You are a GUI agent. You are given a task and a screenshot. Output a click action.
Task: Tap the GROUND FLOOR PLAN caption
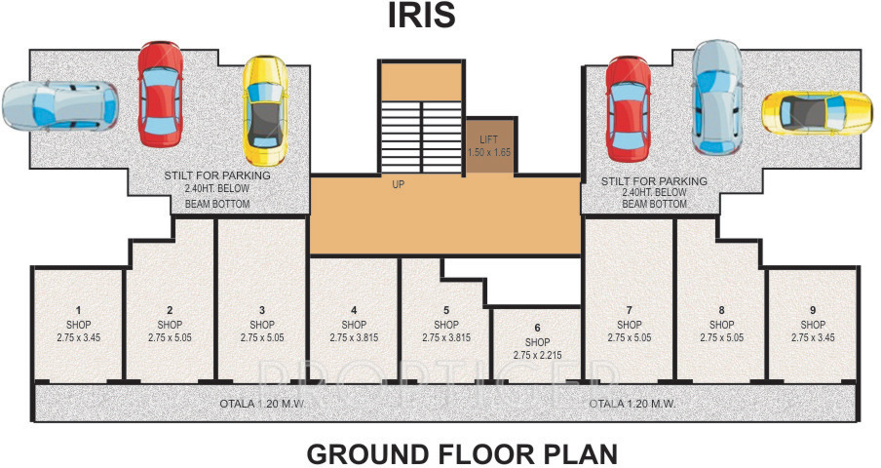(462, 453)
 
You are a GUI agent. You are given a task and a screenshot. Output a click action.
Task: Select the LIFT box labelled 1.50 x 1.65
(488, 147)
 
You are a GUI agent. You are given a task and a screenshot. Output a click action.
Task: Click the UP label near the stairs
(398, 183)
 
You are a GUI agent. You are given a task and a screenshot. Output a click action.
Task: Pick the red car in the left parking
(159, 93)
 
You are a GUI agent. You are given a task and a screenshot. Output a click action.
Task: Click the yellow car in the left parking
(264, 110)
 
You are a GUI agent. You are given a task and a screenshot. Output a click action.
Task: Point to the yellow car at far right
(816, 113)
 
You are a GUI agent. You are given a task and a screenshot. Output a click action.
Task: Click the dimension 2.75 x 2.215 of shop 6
(537, 356)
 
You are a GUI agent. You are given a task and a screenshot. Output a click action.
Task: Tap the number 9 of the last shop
(813, 310)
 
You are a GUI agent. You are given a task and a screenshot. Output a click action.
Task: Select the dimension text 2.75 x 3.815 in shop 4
(354, 337)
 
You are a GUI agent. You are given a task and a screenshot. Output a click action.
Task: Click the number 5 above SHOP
(445, 310)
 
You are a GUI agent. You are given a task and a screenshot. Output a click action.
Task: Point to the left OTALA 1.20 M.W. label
(257, 402)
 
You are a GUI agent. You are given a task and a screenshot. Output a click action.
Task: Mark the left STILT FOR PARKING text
(217, 176)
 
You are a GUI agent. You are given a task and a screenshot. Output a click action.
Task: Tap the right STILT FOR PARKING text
(654, 181)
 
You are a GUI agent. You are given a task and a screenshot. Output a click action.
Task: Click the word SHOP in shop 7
(630, 324)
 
